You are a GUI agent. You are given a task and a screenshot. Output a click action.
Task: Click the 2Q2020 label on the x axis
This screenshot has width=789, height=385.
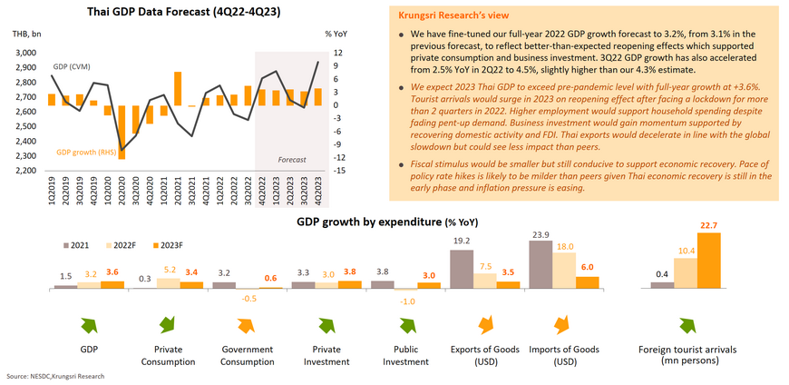(x=122, y=192)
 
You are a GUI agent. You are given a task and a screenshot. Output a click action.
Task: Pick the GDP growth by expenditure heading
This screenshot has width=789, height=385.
(x=387, y=222)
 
